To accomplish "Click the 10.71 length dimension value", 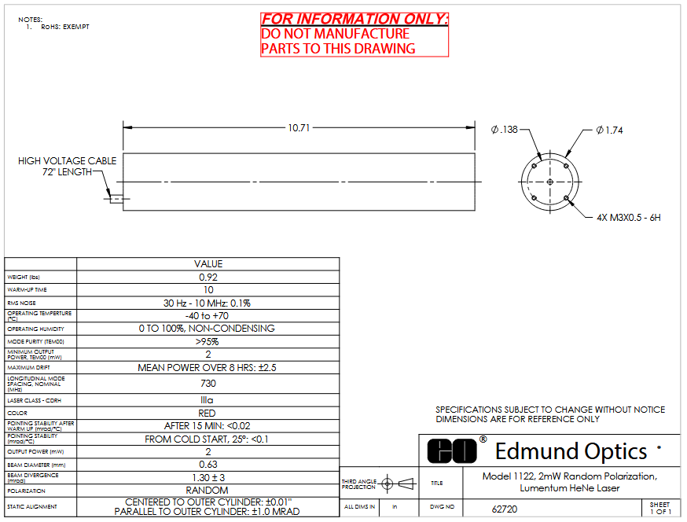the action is point(299,128).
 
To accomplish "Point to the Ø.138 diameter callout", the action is point(505,130).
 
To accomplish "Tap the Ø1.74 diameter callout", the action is point(609,130).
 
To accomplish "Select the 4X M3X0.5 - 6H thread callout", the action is point(629,218).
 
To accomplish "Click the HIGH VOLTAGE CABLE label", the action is point(67,161).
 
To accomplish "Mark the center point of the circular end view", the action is point(550,182).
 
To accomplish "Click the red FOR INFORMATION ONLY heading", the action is point(355,20).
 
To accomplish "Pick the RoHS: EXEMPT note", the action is point(65,27).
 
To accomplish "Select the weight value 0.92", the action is point(208,277).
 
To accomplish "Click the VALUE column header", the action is point(208,264).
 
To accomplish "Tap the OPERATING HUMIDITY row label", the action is point(36,329).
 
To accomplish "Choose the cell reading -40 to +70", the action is point(207,315).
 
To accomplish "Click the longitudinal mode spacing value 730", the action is point(208,384).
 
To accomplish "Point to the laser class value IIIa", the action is point(207,399).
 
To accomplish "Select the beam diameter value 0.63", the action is point(208,464).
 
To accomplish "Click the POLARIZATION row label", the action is point(26,491).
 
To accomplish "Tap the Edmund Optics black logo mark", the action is point(452,450).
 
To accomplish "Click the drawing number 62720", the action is point(505,509).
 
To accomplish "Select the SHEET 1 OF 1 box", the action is point(661,508).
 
